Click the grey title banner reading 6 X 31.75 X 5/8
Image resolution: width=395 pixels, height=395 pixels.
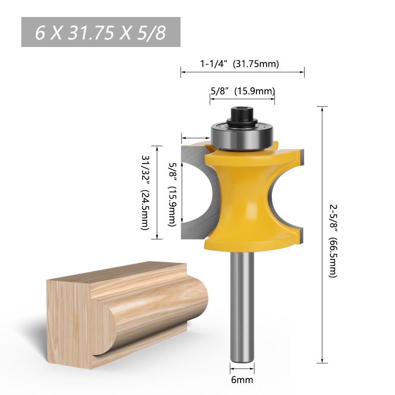point(101,32)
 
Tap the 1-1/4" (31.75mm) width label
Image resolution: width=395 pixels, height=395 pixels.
point(239,64)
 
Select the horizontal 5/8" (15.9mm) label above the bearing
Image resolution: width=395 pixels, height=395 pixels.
point(243,91)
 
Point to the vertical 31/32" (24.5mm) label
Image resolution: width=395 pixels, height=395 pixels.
point(146,192)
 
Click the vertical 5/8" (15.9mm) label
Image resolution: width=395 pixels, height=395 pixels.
point(172,194)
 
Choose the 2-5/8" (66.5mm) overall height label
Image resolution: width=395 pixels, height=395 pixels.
point(333,241)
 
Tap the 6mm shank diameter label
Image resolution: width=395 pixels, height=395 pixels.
point(242,379)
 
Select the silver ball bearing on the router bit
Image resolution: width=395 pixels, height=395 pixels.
point(242,136)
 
